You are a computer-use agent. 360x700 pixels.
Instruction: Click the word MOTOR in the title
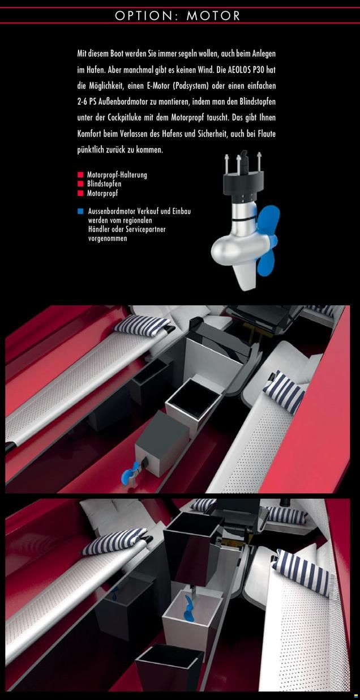click(x=213, y=16)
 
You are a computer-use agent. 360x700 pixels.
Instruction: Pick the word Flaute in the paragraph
click(x=267, y=134)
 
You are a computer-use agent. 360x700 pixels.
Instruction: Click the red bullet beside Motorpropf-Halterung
click(x=80, y=174)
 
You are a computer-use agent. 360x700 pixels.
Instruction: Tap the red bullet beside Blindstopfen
click(x=80, y=183)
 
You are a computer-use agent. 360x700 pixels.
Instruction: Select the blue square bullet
click(x=81, y=211)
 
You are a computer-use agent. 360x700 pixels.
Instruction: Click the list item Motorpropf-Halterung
click(x=117, y=174)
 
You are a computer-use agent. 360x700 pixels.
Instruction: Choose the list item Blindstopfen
click(x=104, y=183)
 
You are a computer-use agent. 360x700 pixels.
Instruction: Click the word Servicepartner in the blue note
click(x=146, y=229)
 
